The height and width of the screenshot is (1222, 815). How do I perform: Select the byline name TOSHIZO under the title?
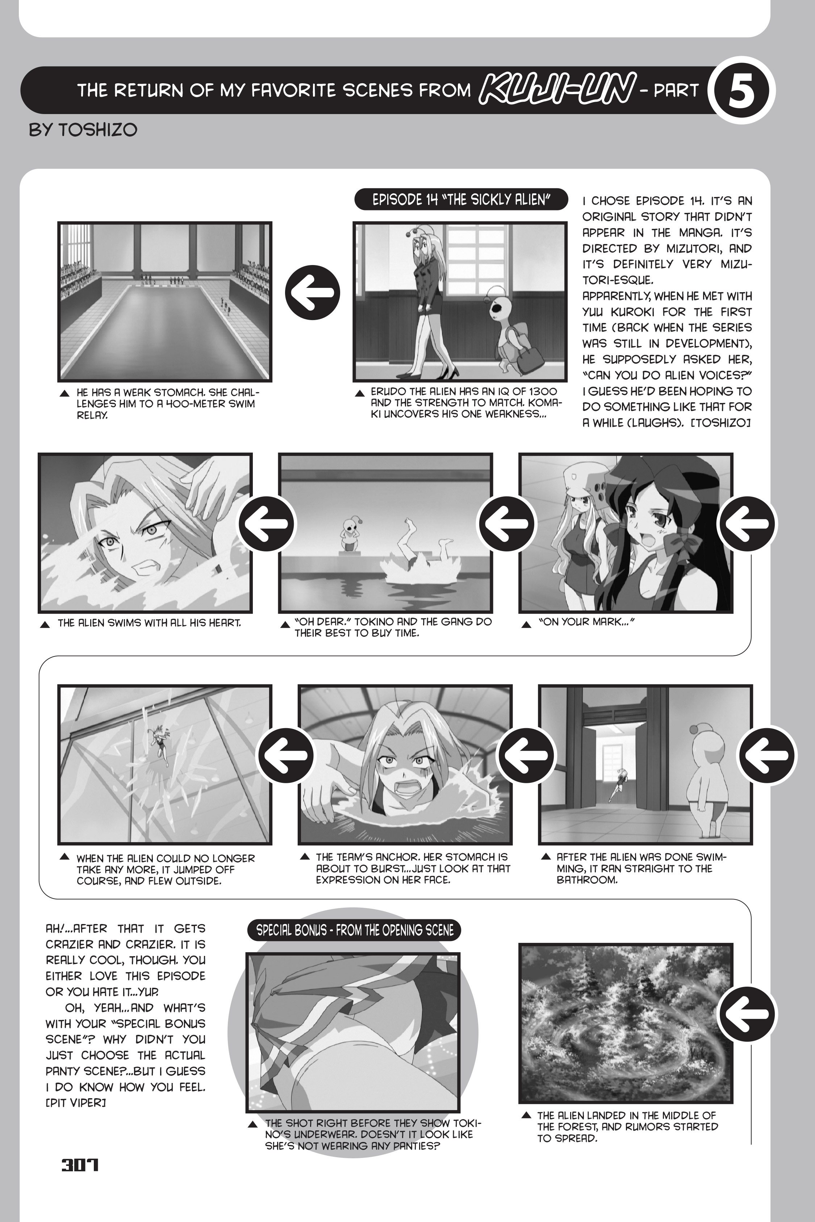[98, 129]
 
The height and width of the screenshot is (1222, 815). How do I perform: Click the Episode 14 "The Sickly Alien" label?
[460, 200]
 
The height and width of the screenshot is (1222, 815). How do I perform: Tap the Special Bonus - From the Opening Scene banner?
[355, 930]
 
